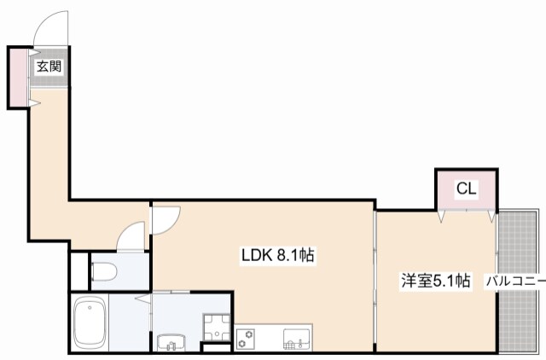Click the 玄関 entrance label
point(48,65)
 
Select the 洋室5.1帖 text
point(436,279)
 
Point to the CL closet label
point(466,189)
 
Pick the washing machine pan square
point(216,325)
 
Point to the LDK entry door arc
point(165,220)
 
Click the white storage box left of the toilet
point(78,272)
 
